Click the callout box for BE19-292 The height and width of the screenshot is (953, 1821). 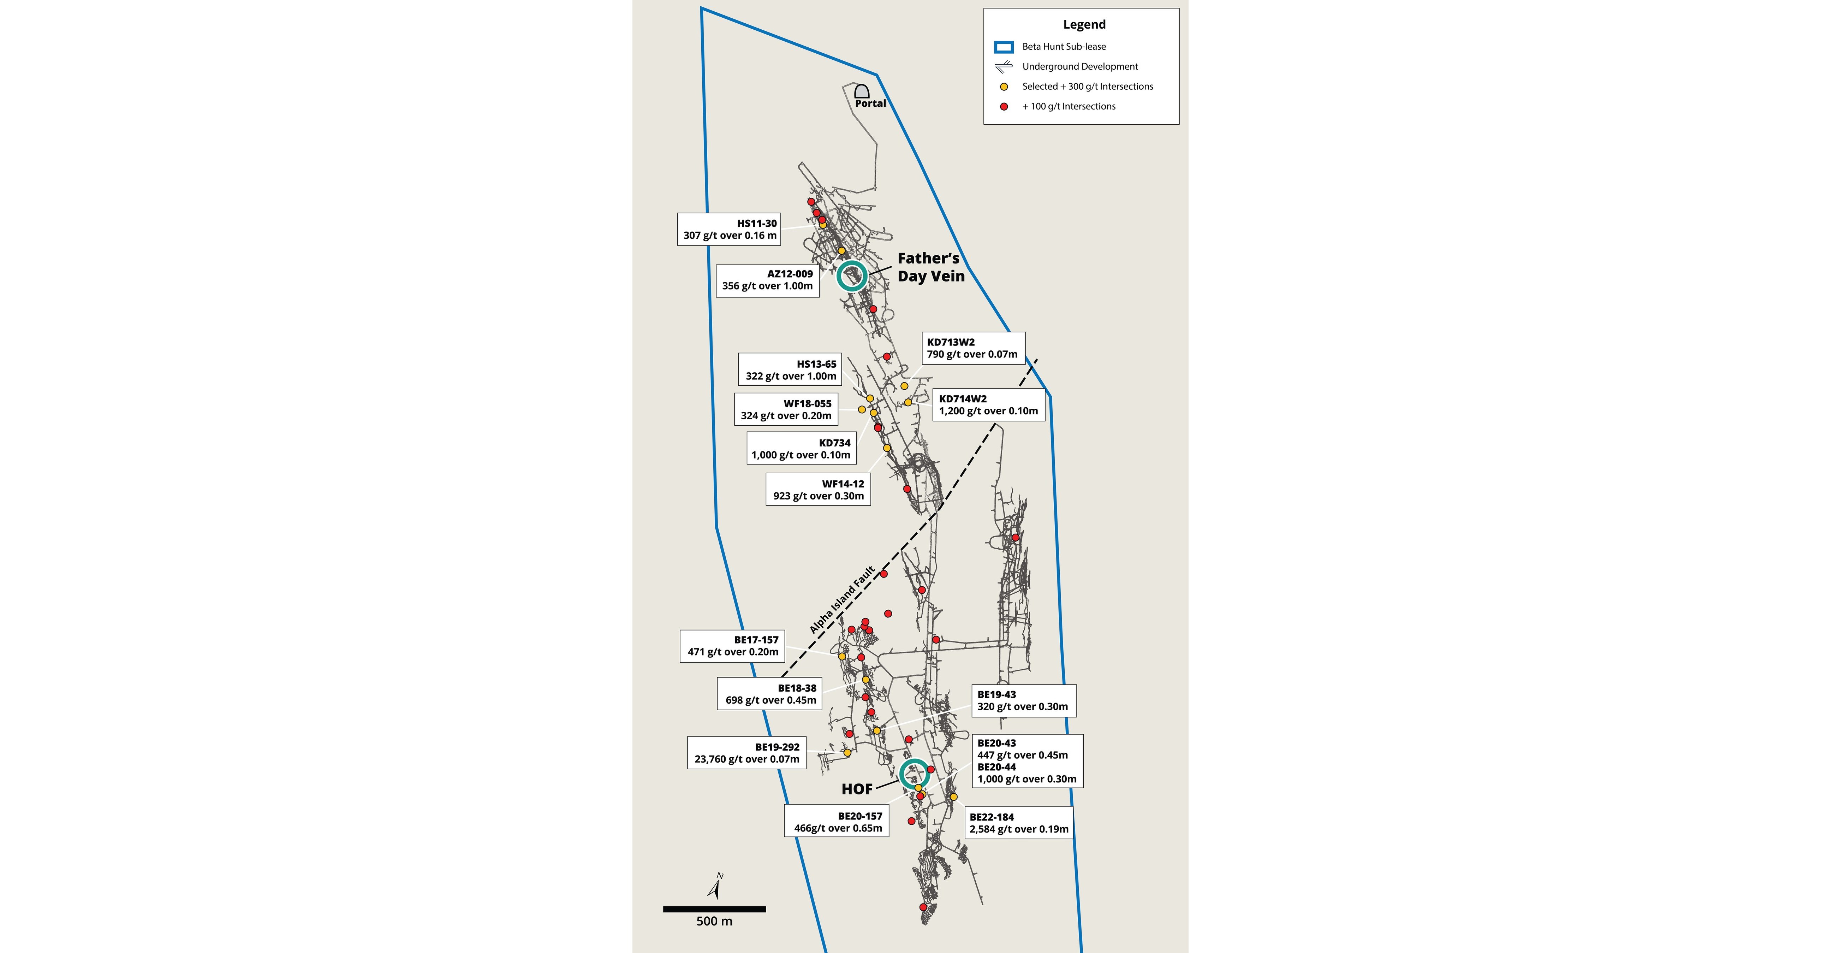click(x=746, y=753)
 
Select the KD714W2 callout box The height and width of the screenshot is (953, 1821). click(x=988, y=404)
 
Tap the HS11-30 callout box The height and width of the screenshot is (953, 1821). click(x=729, y=229)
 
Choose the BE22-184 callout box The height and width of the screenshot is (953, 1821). click(x=1019, y=823)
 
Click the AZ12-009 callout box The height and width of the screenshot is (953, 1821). click(x=768, y=280)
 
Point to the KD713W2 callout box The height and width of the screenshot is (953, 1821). click(x=973, y=348)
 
